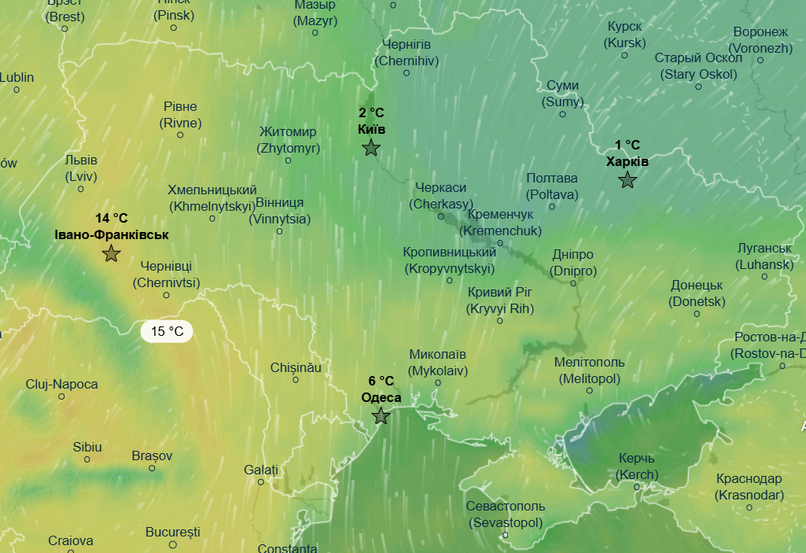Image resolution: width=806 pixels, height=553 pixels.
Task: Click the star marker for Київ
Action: (x=371, y=147)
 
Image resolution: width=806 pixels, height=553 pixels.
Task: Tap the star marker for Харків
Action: (x=628, y=180)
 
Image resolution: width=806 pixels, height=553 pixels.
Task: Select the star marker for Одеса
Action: (x=381, y=416)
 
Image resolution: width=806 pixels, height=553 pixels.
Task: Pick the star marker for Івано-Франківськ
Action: (x=112, y=253)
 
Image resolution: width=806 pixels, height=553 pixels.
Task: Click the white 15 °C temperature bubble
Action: (x=167, y=331)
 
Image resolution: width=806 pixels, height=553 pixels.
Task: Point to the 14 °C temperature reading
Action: (x=112, y=218)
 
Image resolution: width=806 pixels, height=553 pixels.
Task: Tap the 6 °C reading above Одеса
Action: (x=381, y=382)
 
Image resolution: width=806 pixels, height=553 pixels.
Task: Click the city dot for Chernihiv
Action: (x=407, y=73)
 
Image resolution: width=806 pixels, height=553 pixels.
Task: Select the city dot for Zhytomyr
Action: (x=288, y=160)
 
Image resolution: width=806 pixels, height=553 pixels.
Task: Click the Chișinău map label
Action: (x=296, y=367)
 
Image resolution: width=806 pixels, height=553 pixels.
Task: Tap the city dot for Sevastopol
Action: (x=506, y=536)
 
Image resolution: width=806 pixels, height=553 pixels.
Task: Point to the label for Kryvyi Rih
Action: (x=500, y=300)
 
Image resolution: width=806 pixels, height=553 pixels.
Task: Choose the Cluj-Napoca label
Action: (x=62, y=384)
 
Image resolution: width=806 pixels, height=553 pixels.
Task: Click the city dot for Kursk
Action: (x=624, y=55)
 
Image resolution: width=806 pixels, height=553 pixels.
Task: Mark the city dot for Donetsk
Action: (x=697, y=314)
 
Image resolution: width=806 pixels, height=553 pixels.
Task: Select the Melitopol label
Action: (x=589, y=370)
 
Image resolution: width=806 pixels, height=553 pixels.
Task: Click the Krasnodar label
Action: (x=749, y=486)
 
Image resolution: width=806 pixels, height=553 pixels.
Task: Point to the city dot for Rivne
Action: (x=180, y=135)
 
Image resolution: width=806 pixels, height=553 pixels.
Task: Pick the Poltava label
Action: (x=551, y=186)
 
